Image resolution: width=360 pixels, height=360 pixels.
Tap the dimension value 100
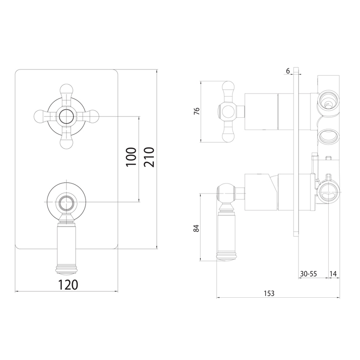(131, 158)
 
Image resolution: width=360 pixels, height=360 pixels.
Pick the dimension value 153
(269, 293)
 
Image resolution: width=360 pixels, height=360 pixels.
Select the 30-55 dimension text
(308, 274)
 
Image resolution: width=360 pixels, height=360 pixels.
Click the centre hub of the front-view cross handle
(66, 116)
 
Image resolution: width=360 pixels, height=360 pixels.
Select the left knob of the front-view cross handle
(39, 116)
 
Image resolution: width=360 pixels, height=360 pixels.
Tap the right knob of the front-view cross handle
(94, 116)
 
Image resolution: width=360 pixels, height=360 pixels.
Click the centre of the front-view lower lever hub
(66, 203)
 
